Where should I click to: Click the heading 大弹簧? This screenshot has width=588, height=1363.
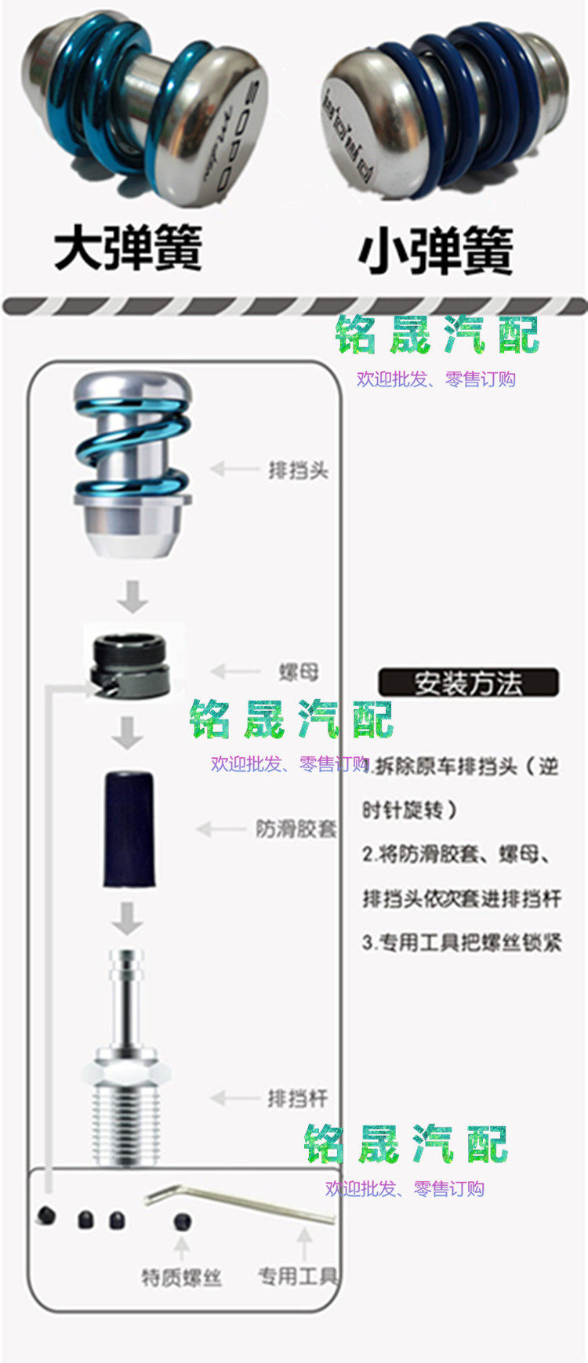click(128, 248)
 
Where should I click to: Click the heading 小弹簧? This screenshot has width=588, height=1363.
click(436, 251)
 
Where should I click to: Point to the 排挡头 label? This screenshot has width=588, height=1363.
click(298, 470)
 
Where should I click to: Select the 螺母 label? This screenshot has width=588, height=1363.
click(299, 672)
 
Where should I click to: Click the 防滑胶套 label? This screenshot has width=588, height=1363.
click(296, 828)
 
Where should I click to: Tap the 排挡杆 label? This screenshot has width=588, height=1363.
click(297, 1098)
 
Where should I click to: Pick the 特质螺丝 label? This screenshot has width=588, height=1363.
click(181, 1278)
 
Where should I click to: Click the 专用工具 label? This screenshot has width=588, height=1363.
click(297, 1276)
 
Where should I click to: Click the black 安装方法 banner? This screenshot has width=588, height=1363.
click(468, 683)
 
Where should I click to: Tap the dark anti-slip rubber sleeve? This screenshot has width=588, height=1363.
click(129, 829)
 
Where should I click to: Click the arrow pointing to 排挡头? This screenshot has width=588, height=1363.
click(234, 469)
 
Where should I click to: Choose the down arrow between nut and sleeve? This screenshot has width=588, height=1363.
click(127, 733)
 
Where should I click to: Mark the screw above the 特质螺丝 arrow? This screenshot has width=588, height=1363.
click(183, 1221)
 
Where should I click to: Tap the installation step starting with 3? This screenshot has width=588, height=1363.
click(462, 942)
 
